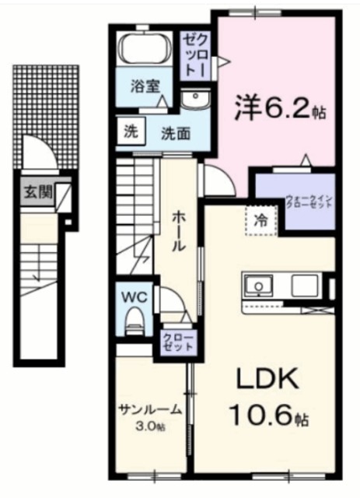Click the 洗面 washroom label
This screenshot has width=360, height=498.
tap(175, 132)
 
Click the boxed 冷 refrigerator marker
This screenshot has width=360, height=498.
tap(263, 219)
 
